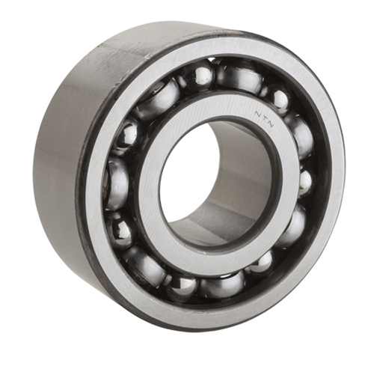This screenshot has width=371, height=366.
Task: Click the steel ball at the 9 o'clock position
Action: coord(117,182)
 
